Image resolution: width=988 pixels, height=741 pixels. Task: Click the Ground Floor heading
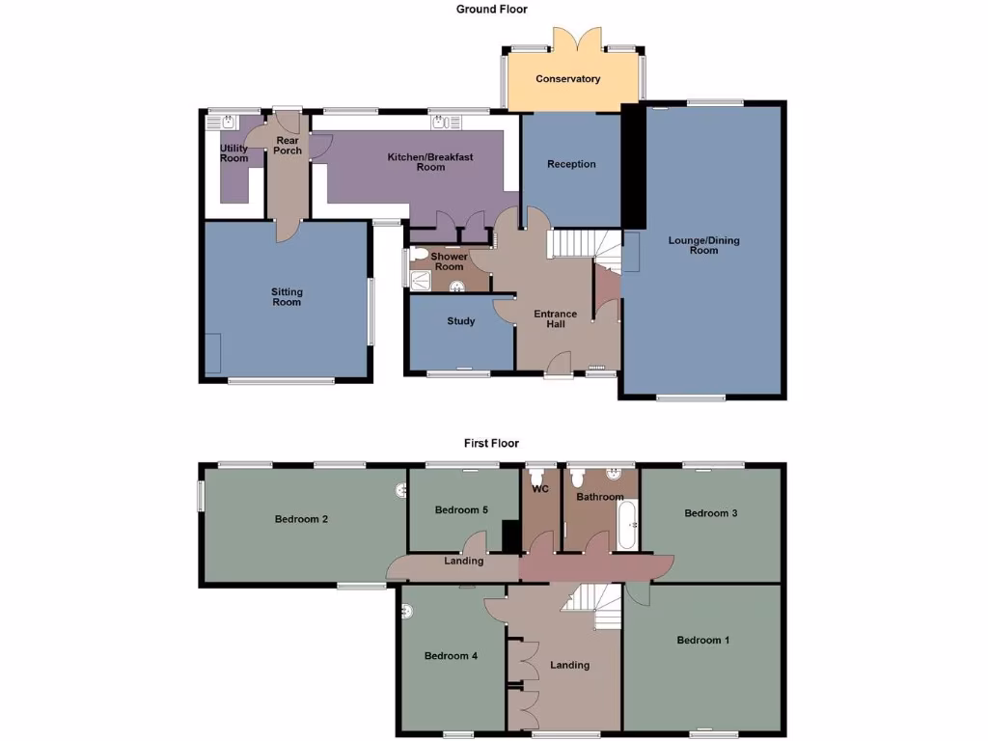pos(492,9)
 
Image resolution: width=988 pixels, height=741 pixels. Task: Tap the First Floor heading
pos(492,444)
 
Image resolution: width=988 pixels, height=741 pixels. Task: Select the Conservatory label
pos(568,79)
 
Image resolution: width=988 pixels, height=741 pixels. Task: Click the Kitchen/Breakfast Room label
pos(430,162)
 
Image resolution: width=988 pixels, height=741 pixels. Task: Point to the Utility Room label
pos(234,153)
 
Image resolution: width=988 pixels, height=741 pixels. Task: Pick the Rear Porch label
pos(288,146)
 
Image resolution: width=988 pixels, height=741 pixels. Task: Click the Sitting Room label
pos(287,297)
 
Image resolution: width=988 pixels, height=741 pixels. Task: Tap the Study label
pos(461,321)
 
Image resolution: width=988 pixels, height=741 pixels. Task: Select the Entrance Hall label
pos(556,318)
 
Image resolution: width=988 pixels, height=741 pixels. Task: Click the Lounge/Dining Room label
pos(704,245)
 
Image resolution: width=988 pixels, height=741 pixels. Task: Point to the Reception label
pos(571,164)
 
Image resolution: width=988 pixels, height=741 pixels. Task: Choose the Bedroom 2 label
pos(302,519)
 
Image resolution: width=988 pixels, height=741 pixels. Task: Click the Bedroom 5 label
pos(456,509)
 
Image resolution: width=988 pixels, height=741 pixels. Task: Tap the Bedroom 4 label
pos(452,656)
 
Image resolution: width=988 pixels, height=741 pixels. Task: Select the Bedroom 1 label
pos(703,640)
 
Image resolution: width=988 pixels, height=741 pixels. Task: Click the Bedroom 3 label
pos(711,513)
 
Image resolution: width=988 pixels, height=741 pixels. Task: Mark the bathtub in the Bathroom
pos(626,525)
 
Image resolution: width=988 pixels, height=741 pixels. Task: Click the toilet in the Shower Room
pos(418,256)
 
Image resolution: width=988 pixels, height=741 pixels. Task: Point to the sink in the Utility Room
pos(227,122)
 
